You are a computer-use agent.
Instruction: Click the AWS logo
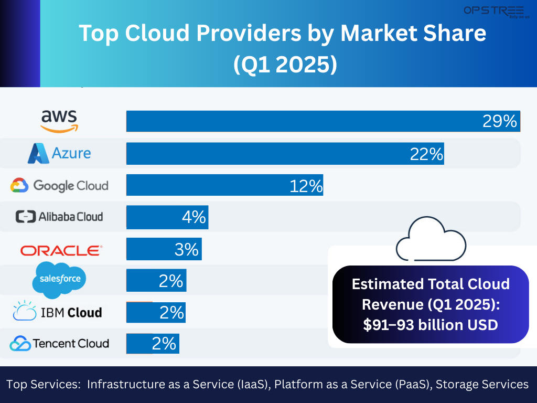pyautogui.click(x=59, y=121)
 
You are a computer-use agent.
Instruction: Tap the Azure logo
pyautogui.click(x=59, y=153)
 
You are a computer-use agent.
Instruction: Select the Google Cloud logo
pyautogui.click(x=59, y=185)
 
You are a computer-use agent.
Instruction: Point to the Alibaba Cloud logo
pyautogui.click(x=59, y=216)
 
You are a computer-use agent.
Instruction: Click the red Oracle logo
pyautogui.click(x=61, y=250)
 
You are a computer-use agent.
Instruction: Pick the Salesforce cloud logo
pyautogui.click(x=59, y=279)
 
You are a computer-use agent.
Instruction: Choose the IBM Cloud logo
pyautogui.click(x=57, y=312)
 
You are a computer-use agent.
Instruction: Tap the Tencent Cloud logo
pyautogui.click(x=59, y=344)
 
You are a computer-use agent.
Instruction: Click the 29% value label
pyautogui.click(x=500, y=121)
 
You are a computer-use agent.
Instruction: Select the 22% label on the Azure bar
pyautogui.click(x=426, y=154)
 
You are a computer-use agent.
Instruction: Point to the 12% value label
pyautogui.click(x=306, y=186)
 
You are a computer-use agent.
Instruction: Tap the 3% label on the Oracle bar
pyautogui.click(x=186, y=250)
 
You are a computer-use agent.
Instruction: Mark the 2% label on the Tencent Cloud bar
pyautogui.click(x=164, y=344)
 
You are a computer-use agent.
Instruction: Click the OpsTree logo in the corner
pyautogui.click(x=492, y=12)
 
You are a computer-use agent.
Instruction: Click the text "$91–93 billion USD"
pyautogui.click(x=431, y=325)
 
